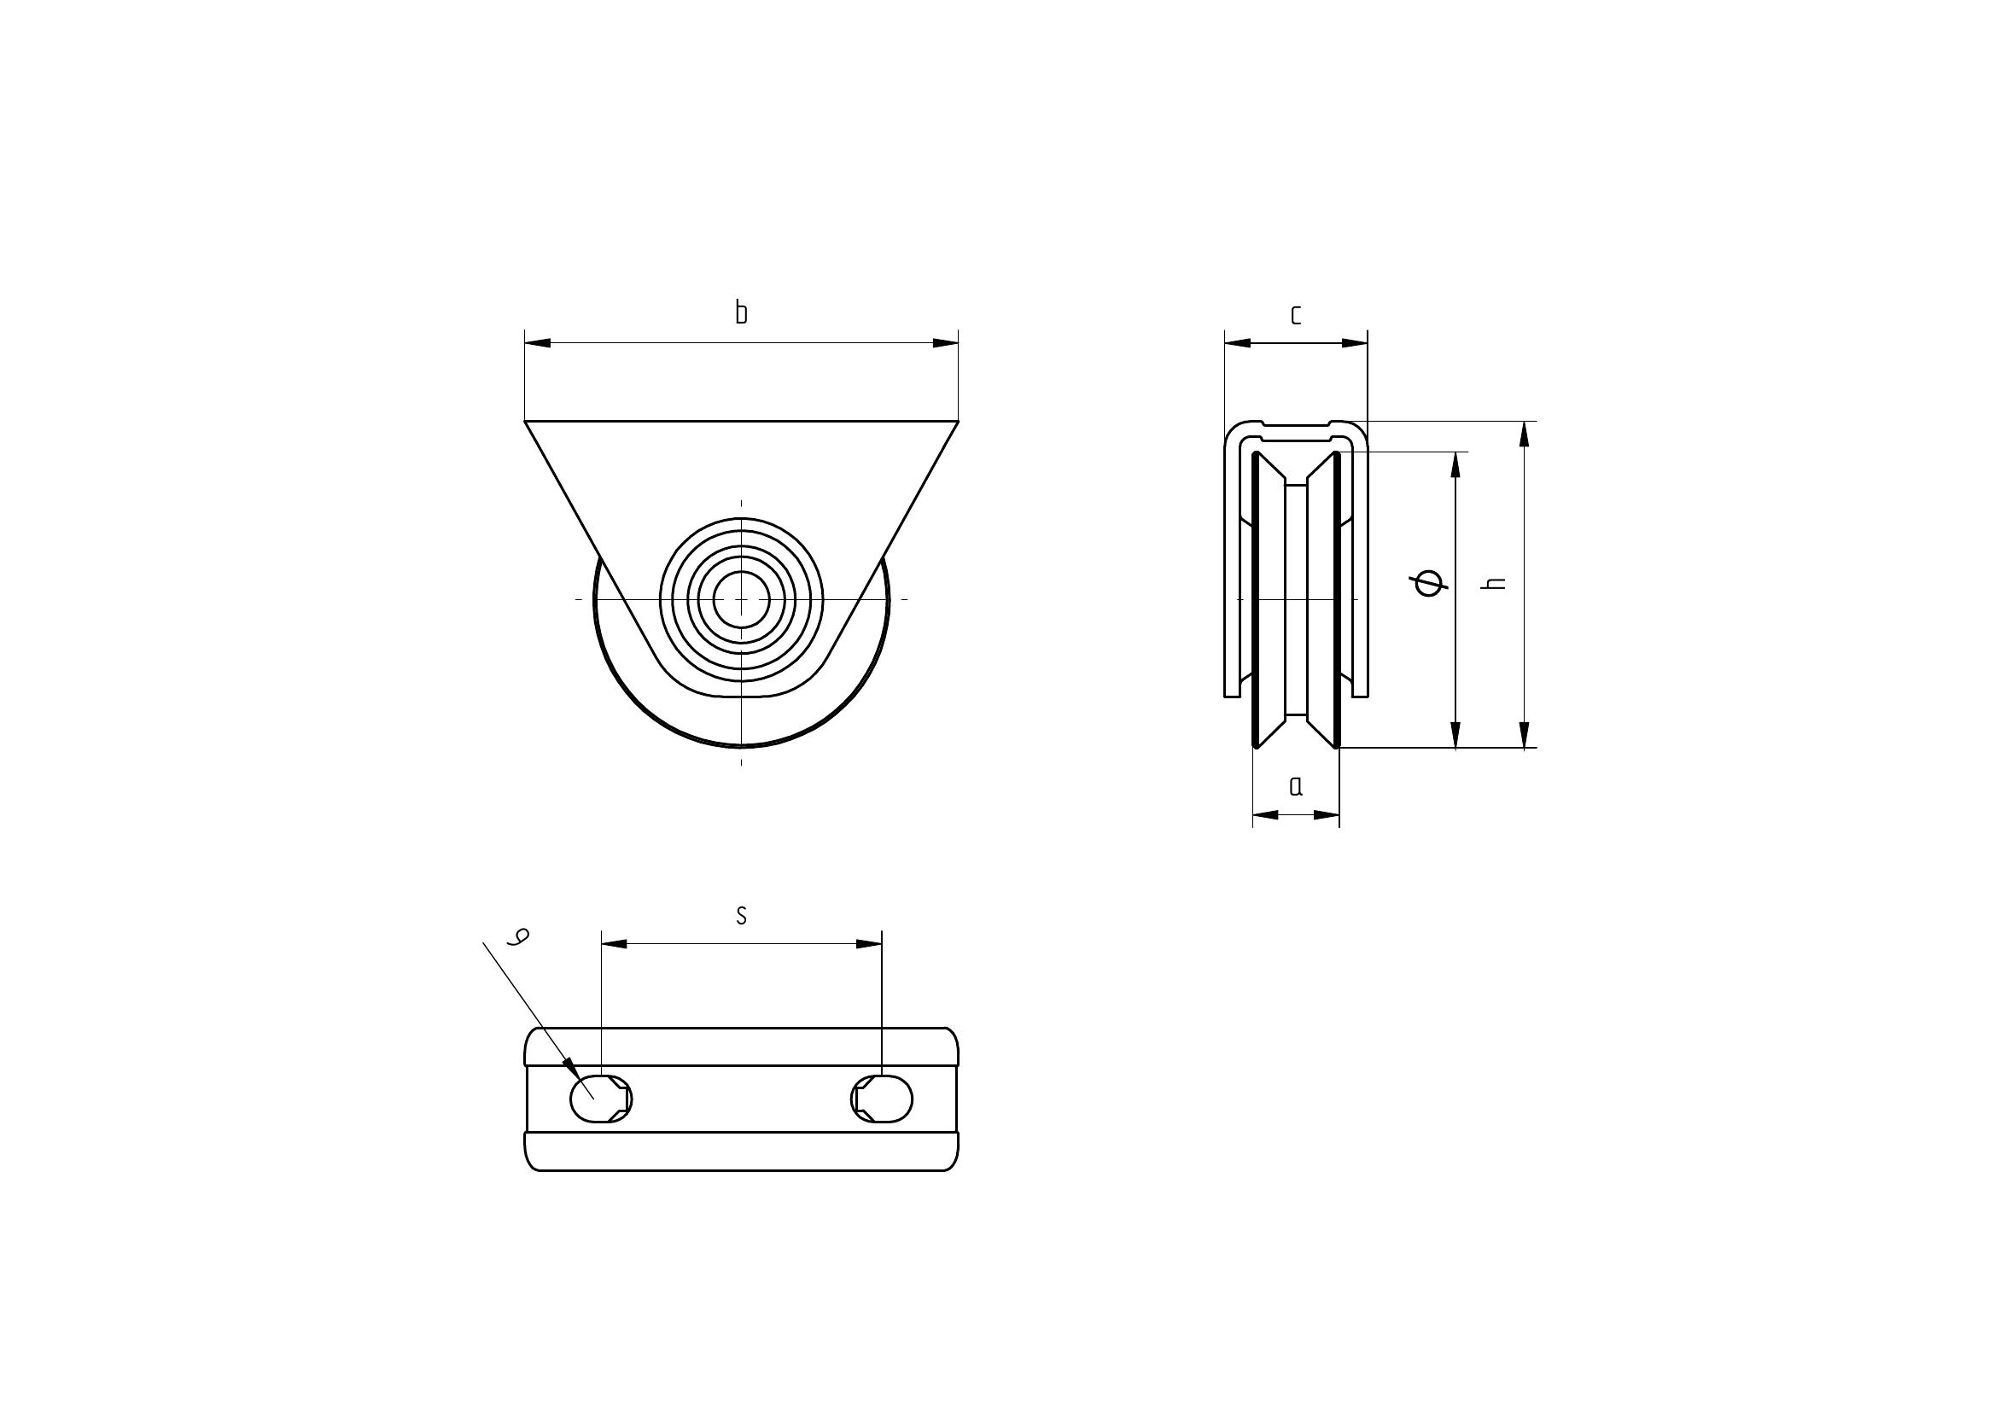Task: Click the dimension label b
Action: [741, 312]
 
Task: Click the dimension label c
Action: [1296, 315]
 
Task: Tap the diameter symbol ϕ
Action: [1431, 583]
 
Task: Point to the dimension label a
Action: [1297, 786]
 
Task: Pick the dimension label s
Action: [741, 915]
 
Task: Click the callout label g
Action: [520, 936]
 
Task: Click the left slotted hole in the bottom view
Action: [601, 1099]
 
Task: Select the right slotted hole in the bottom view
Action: [882, 1099]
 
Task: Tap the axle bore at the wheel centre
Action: [741, 599]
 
